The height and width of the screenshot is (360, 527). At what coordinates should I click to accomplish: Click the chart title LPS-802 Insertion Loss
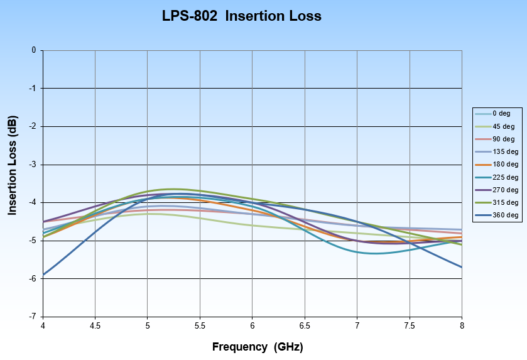coord(241,16)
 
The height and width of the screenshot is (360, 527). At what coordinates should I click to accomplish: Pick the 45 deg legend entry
coord(503,126)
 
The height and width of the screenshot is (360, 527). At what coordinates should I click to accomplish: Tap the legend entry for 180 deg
coord(504,164)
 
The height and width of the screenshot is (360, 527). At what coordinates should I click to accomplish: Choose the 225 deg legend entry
coord(504,177)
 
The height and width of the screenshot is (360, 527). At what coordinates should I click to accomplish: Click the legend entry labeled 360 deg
coord(504,215)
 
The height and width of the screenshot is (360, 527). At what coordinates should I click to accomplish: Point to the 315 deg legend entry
coord(504,202)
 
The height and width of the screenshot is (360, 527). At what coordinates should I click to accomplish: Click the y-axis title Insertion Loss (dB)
coord(13,166)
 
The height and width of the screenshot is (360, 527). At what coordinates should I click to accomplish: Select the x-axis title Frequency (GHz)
coord(258,346)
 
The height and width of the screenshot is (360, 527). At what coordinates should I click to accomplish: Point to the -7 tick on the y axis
coord(33,317)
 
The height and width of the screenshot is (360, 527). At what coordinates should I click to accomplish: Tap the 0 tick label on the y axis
coord(34,50)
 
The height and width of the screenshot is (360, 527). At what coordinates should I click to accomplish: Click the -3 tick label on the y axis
coord(33,165)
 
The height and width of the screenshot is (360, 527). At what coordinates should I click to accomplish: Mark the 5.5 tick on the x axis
coord(200,325)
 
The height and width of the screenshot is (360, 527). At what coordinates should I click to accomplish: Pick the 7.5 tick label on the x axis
coord(409,325)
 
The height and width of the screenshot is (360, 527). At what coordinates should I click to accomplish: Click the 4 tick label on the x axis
coord(43,325)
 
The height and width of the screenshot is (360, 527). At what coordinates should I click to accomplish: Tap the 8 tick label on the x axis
coord(462,325)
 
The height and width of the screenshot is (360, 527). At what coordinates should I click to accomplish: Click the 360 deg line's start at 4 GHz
coord(43,275)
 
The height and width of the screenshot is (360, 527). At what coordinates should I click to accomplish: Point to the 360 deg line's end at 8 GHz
coord(462,267)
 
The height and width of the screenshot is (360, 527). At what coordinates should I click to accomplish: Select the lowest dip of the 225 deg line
coord(375,253)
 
